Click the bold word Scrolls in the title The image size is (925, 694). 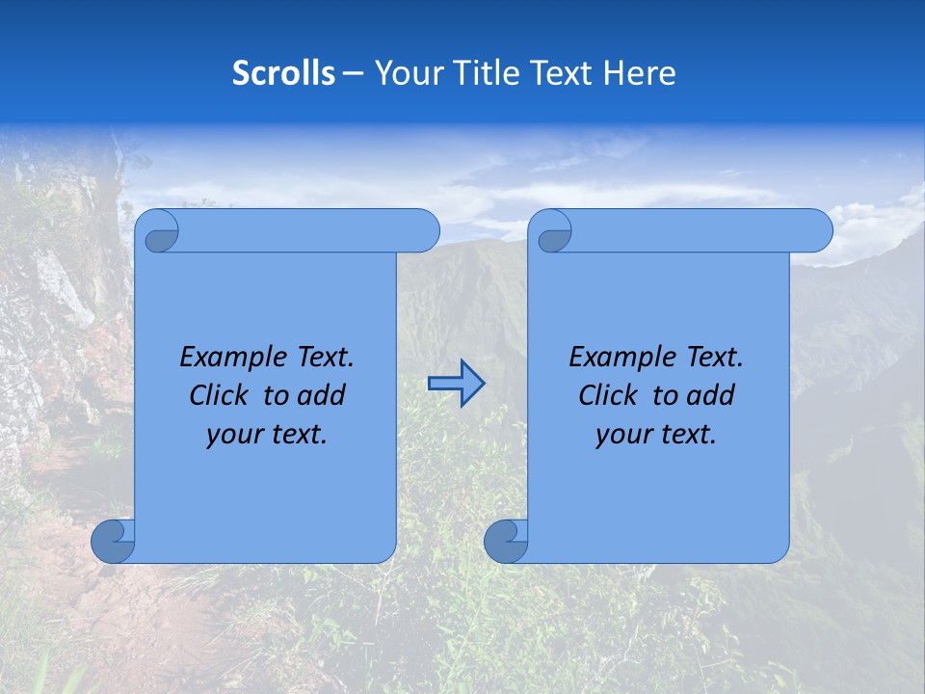tap(283, 73)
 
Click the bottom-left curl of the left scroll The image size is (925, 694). tap(112, 542)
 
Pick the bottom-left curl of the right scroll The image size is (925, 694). tap(505, 542)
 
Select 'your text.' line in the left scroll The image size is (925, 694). tap(267, 435)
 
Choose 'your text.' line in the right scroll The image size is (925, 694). tap(656, 435)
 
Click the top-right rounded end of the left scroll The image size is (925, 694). tap(424, 231)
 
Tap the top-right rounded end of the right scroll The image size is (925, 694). tap(817, 231)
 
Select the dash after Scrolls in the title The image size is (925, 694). tap(354, 73)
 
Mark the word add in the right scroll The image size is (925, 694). tap(712, 395)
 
